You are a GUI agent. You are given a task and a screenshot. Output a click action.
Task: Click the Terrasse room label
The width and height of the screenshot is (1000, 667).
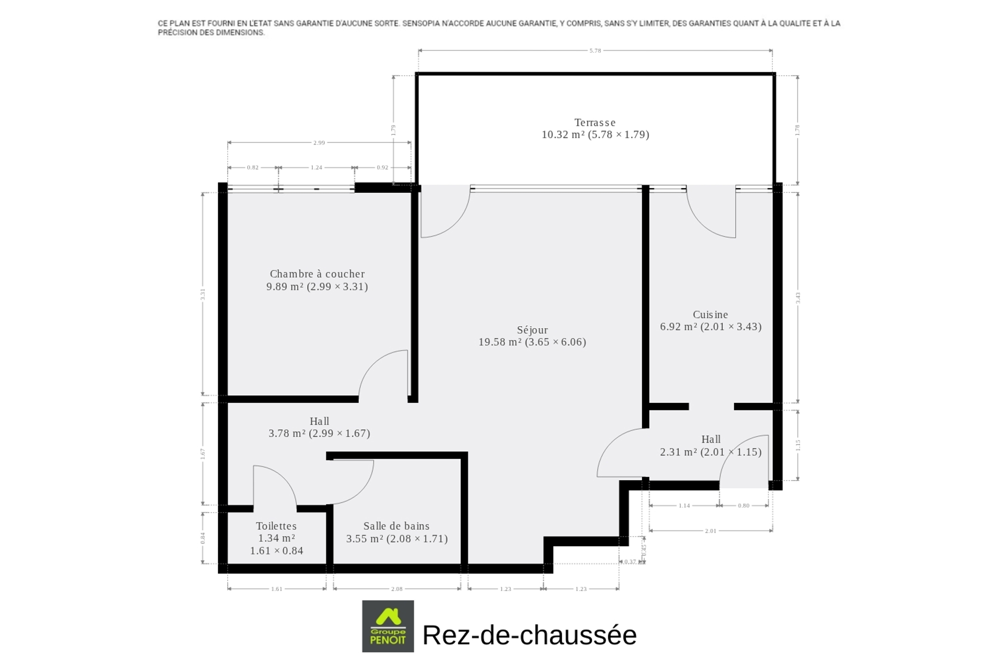(x=595, y=122)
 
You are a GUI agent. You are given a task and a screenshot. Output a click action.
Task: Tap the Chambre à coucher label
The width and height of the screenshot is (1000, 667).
(x=317, y=274)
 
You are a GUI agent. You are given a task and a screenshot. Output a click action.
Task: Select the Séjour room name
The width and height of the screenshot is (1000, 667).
(x=532, y=330)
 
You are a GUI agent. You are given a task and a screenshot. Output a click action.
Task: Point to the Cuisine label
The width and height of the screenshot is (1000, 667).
(x=710, y=315)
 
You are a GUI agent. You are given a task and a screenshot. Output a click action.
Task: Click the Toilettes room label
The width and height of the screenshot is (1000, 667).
(x=276, y=526)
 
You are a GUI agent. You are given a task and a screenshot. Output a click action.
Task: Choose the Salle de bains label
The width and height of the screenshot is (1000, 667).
(x=396, y=526)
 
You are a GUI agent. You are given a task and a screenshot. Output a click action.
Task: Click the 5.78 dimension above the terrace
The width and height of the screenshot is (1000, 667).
(x=595, y=50)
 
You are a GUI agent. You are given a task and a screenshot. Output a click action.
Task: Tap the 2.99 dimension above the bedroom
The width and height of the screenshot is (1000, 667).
(x=319, y=143)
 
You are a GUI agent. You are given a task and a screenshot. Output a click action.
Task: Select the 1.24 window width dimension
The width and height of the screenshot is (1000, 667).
(x=316, y=167)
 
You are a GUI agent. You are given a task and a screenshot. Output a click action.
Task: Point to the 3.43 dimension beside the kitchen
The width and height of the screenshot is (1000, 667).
(x=798, y=298)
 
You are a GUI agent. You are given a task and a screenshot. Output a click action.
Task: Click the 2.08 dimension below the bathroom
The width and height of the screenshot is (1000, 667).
(x=397, y=589)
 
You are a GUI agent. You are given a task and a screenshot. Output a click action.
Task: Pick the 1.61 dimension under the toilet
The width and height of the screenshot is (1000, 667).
(x=276, y=589)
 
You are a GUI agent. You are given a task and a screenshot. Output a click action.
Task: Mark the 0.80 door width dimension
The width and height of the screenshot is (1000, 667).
(x=744, y=505)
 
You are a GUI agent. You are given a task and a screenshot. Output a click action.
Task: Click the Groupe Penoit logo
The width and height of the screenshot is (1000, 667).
(x=388, y=626)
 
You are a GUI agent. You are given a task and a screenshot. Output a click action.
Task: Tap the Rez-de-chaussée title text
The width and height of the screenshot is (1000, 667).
(x=530, y=635)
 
